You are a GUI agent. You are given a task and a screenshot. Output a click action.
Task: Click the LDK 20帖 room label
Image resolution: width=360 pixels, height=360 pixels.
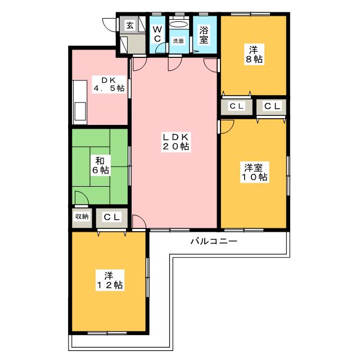click(x=176, y=142)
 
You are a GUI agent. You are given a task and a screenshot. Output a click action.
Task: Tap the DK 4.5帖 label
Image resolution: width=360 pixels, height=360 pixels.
click(x=109, y=84)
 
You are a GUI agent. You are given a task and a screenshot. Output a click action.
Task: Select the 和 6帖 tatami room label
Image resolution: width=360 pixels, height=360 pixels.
click(x=100, y=165)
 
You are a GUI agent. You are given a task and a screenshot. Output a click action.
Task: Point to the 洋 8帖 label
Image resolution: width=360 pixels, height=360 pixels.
click(x=254, y=55)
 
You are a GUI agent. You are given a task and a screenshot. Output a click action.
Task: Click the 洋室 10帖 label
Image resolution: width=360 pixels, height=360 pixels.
click(x=254, y=173)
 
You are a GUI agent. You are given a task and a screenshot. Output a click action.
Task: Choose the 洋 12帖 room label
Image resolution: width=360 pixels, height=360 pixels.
click(x=110, y=280)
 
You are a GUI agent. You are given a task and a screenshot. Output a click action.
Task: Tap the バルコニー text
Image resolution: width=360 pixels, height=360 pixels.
click(x=214, y=241)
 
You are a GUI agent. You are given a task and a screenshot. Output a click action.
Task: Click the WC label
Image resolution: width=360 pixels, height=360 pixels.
click(x=157, y=34)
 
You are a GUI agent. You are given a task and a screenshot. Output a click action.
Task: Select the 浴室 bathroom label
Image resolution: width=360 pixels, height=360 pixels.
click(x=204, y=35)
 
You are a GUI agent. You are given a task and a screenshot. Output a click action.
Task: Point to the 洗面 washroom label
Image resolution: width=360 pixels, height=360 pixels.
click(x=178, y=41)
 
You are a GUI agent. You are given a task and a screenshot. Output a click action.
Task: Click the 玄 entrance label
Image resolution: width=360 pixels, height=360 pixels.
click(x=130, y=25)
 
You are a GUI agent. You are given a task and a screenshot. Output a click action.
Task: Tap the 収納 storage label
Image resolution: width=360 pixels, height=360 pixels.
click(x=82, y=216)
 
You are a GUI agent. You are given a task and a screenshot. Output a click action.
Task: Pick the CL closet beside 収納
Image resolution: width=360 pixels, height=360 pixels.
click(x=112, y=217)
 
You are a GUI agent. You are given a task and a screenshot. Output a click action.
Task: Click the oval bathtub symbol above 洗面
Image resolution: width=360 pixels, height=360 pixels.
click(x=179, y=24)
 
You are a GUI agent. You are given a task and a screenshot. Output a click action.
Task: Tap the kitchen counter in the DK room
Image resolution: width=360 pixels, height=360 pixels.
click(x=80, y=102)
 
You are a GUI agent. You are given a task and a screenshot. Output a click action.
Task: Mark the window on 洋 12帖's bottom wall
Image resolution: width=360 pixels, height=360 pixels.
click(x=107, y=333)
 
